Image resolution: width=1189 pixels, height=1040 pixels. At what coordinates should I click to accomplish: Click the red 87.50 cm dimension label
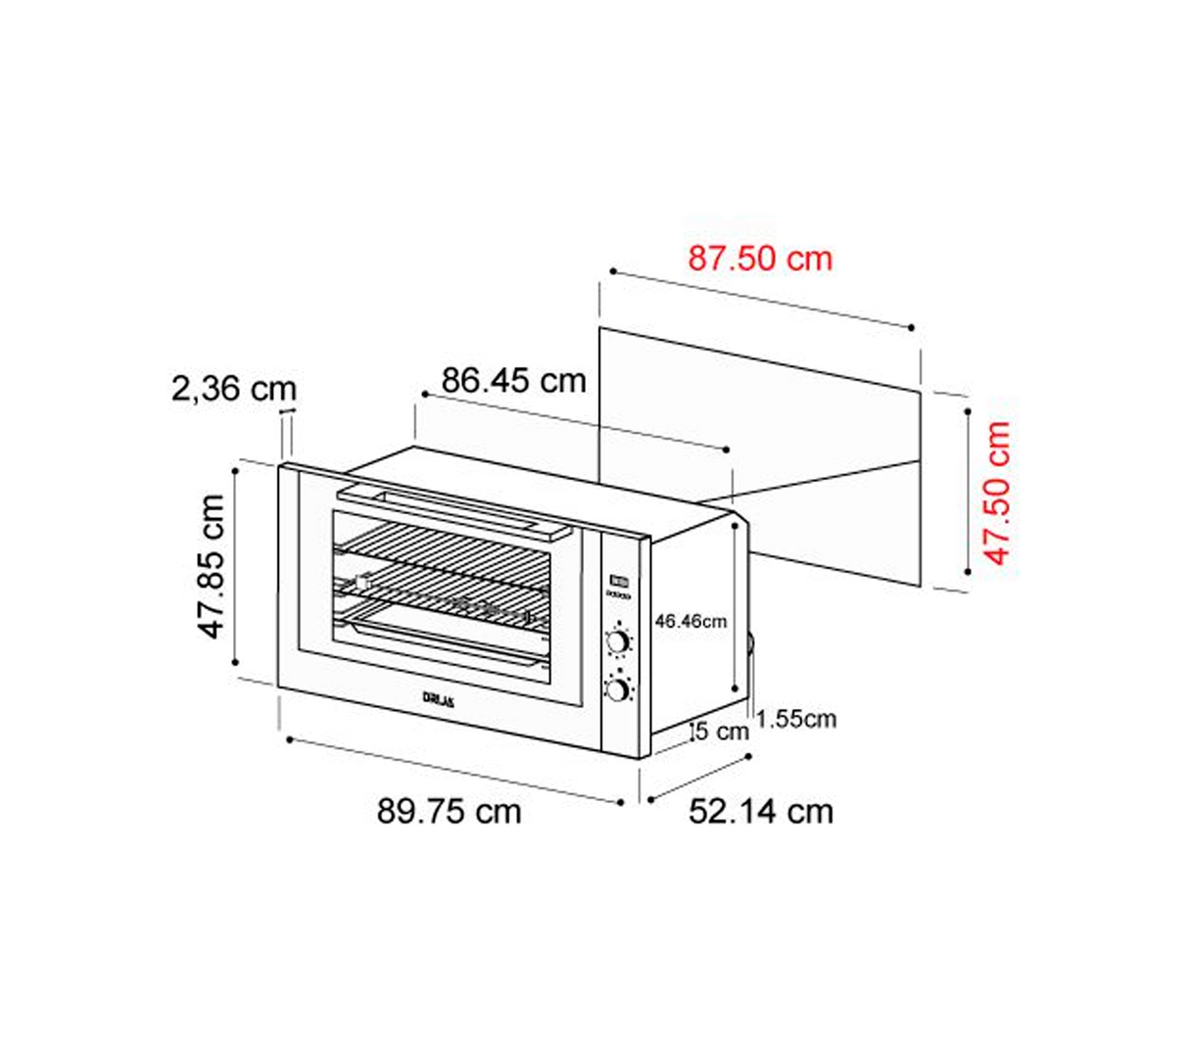[x=759, y=259]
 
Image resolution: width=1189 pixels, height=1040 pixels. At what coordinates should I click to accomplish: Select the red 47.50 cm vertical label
[x=997, y=493]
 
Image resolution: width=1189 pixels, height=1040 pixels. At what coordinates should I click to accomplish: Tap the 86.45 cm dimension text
[x=513, y=380]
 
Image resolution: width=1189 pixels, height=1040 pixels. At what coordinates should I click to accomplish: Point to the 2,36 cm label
[x=233, y=389]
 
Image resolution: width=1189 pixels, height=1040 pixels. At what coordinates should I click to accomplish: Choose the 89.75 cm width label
[x=449, y=812]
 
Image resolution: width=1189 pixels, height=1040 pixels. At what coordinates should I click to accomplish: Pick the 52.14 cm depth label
[x=761, y=812]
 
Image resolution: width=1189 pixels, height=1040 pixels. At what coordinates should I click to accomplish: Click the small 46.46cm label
[x=691, y=621]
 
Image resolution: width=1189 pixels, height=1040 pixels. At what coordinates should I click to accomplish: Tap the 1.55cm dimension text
[x=796, y=719]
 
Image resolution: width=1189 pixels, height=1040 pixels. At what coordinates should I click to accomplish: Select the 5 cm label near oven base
[x=721, y=732]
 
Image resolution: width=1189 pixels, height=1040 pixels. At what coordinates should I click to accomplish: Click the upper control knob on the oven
[x=618, y=642]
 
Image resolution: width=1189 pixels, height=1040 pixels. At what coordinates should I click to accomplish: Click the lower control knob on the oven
[x=618, y=690]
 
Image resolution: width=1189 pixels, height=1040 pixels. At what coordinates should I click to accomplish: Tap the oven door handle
[x=452, y=510]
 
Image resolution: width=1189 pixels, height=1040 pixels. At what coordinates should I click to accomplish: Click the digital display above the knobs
[x=618, y=580]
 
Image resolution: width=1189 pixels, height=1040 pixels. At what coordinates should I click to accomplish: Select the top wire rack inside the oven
[x=441, y=548]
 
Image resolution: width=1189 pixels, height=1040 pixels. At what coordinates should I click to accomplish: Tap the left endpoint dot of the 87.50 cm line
[x=612, y=269]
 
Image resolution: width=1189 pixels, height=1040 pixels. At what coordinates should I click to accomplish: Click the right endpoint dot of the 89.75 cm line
[x=622, y=802]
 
